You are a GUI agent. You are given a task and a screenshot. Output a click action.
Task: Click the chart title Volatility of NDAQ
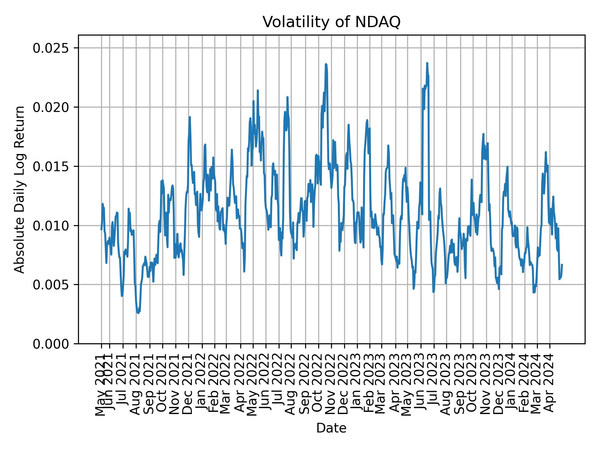coord(331,22)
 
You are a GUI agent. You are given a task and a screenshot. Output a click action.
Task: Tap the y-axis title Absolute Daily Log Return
coord(20,189)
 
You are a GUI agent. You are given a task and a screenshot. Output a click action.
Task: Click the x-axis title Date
coord(331,428)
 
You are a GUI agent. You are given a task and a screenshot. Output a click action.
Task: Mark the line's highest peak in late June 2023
coord(427,63)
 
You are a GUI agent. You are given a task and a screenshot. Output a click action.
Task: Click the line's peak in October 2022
coord(326,64)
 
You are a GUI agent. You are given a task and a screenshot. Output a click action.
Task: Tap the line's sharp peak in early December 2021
coord(190,117)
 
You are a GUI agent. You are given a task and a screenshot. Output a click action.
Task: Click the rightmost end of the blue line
coord(562,264)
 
